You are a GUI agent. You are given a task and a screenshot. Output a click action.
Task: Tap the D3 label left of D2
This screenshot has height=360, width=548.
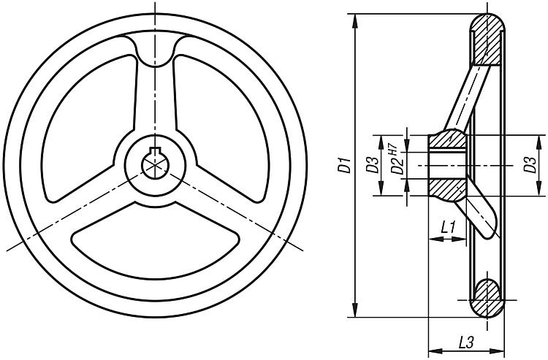tap(372, 166)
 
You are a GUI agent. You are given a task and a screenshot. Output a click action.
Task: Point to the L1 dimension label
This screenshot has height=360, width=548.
tap(449, 228)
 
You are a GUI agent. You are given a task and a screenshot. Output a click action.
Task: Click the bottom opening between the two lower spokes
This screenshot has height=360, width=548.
tap(155, 241)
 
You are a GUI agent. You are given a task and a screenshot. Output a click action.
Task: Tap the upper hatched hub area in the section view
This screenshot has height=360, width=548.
tap(446, 140)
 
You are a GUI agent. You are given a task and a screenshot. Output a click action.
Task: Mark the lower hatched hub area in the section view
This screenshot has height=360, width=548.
tap(446, 190)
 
